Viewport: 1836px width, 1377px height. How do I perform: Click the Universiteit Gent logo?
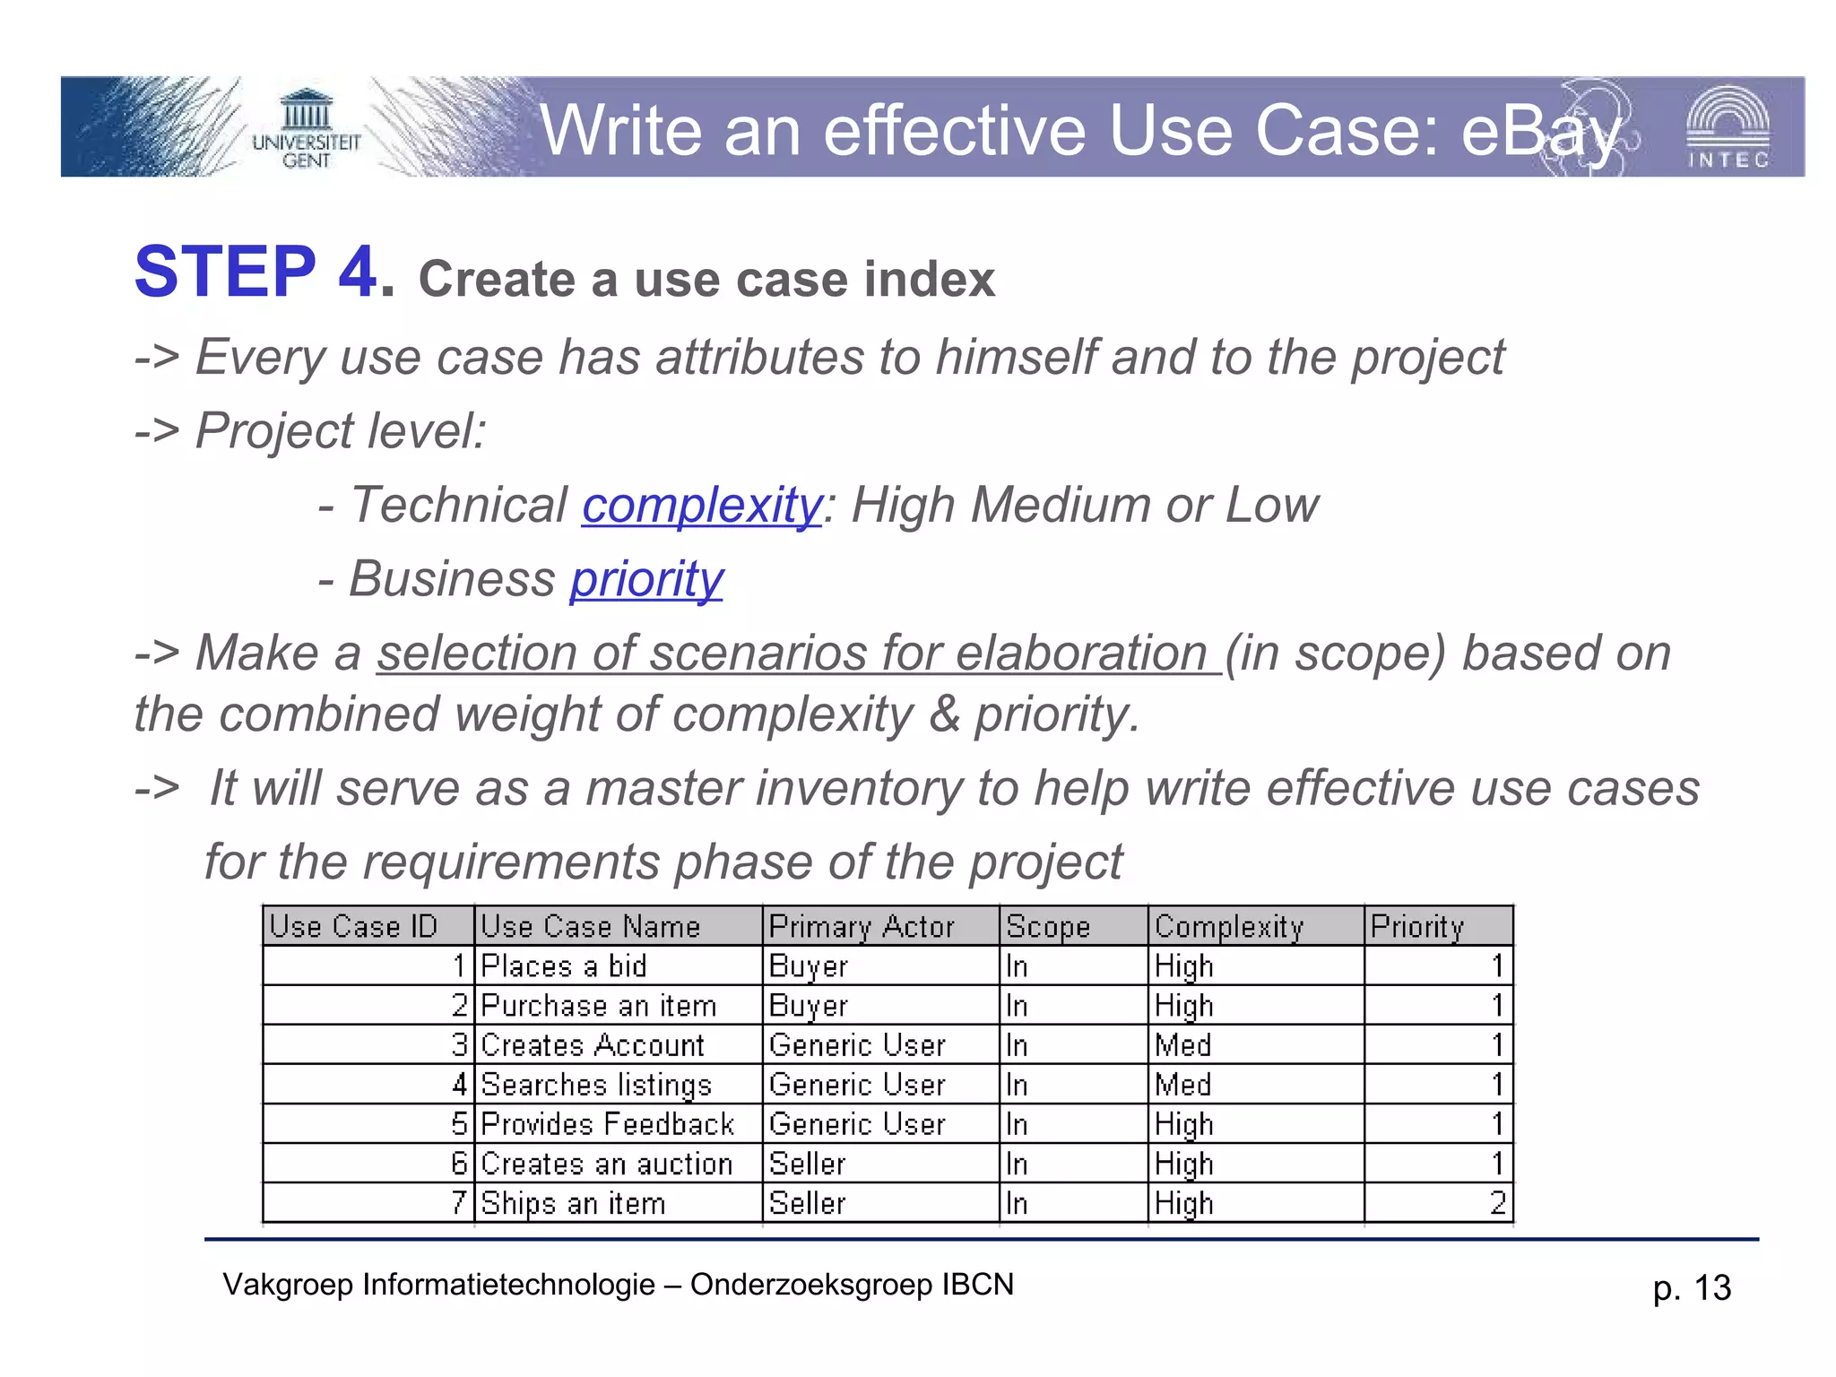306,130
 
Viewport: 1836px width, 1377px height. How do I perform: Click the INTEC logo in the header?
1727,128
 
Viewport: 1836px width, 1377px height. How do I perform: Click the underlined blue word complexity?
702,505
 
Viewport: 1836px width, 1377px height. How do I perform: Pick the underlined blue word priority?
646,579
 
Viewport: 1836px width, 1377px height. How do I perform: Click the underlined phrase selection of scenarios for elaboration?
798,653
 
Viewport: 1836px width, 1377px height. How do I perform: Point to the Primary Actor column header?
862,926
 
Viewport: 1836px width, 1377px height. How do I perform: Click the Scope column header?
1048,926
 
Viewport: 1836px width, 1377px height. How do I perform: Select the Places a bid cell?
564,966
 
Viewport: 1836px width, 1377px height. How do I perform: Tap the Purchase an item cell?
599,1005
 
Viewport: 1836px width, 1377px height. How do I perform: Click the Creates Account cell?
593,1044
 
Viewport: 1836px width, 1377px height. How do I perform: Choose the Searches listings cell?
596,1084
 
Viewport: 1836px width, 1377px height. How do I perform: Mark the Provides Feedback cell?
607,1123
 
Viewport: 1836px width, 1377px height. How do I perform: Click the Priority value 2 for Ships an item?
1496,1202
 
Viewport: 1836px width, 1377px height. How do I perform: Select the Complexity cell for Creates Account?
1183,1044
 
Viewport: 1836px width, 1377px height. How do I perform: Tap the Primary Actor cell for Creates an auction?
808,1163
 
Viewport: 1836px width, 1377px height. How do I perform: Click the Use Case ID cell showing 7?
458,1202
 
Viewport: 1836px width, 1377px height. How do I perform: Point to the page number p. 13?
1692,1288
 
